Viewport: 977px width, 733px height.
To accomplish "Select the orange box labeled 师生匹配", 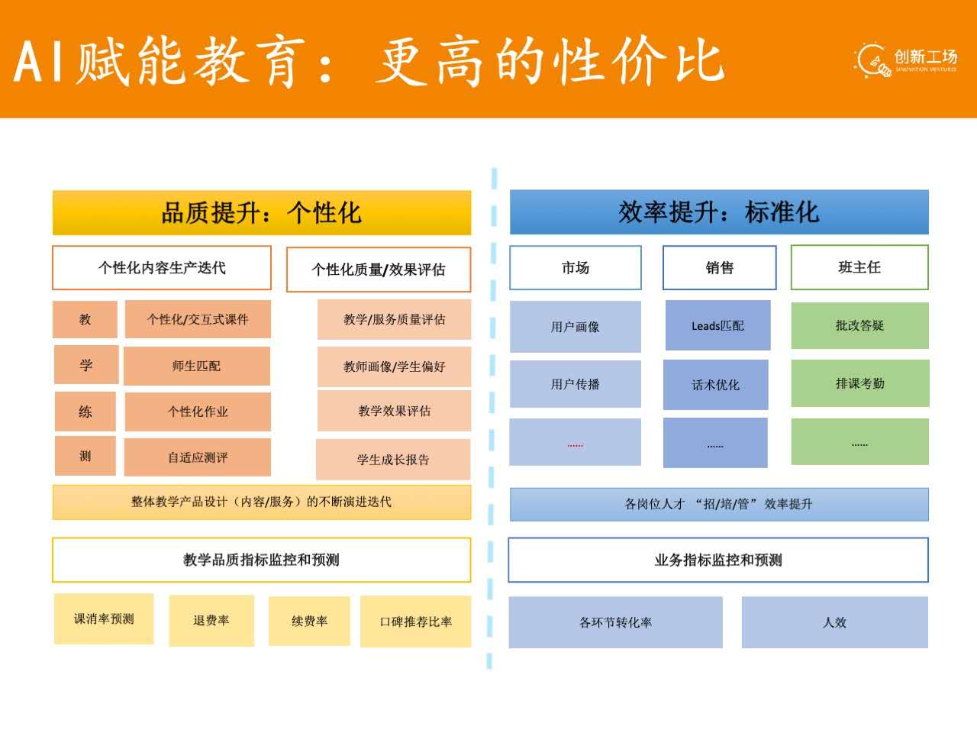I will click(x=197, y=366).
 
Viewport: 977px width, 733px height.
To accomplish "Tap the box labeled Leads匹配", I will click(x=717, y=325).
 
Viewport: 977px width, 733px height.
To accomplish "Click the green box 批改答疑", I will click(x=859, y=325).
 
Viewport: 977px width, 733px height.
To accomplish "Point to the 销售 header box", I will click(x=719, y=268).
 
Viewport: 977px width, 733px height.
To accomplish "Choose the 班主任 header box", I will click(x=859, y=267).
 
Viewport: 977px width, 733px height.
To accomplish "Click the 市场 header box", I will click(x=576, y=268).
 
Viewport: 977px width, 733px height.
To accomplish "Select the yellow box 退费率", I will click(x=211, y=621).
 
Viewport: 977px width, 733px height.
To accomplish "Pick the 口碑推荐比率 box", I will click(x=416, y=622).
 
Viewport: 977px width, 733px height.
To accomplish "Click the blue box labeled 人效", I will click(x=834, y=622).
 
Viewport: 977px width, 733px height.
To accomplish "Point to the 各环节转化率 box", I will click(x=615, y=622).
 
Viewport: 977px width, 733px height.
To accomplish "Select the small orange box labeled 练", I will click(x=85, y=412).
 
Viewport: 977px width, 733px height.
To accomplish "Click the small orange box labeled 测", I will click(x=85, y=456).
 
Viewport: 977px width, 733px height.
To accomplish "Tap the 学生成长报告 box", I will click(x=393, y=460).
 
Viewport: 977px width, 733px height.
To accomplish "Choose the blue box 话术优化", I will click(x=715, y=385).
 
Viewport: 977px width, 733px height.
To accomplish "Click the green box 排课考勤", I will click(x=859, y=383).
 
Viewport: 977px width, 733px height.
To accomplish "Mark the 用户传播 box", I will click(x=576, y=384).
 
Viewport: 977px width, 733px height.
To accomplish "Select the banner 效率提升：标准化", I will click(x=719, y=212).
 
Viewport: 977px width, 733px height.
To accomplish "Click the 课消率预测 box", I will click(x=104, y=618).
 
